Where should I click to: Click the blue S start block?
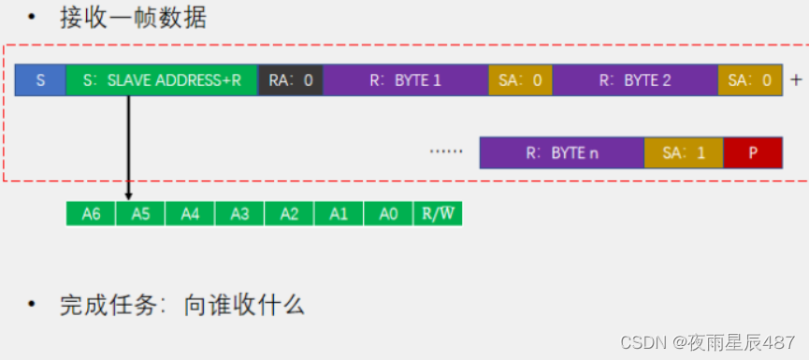tap(40, 80)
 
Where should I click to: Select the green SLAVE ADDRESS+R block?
tap(161, 80)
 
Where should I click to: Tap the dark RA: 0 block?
tap(290, 80)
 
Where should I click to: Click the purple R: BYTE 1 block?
tap(405, 80)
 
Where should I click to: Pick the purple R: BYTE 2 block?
tap(635, 80)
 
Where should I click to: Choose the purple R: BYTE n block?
tap(561, 152)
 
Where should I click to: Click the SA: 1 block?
tap(683, 152)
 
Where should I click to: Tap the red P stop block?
tap(752, 152)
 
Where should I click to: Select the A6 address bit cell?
tap(91, 214)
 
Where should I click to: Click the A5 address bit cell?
tap(140, 214)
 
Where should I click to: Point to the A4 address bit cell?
tap(190, 214)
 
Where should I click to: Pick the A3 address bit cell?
tap(239, 214)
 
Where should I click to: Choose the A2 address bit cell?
tap(289, 214)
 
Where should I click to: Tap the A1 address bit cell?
tap(339, 214)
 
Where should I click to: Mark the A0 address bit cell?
tap(388, 214)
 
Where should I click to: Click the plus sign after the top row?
tap(796, 80)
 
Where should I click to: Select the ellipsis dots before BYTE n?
tap(446, 151)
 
